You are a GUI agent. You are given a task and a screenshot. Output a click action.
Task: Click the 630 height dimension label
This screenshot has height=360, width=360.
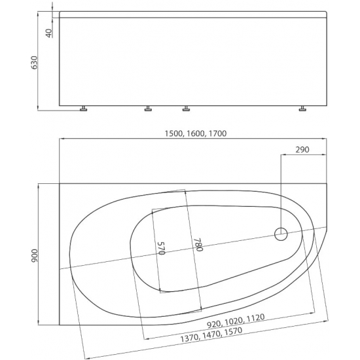tap(34, 62)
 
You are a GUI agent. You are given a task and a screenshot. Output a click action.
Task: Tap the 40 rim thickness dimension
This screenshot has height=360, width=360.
tap(49, 33)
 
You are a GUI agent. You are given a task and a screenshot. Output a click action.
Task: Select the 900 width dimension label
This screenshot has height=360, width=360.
tap(34, 256)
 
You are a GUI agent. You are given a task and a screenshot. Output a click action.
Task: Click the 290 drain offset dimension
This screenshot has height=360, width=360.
tap(302, 150)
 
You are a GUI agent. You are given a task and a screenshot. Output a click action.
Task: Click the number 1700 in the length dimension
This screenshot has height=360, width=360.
tap(218, 134)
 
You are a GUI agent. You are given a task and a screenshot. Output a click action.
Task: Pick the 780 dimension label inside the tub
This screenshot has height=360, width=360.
tap(198, 245)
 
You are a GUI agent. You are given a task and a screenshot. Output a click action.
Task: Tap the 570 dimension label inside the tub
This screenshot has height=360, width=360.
tap(162, 248)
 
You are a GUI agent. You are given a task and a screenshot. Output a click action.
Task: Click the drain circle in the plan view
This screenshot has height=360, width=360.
tap(281, 234)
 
